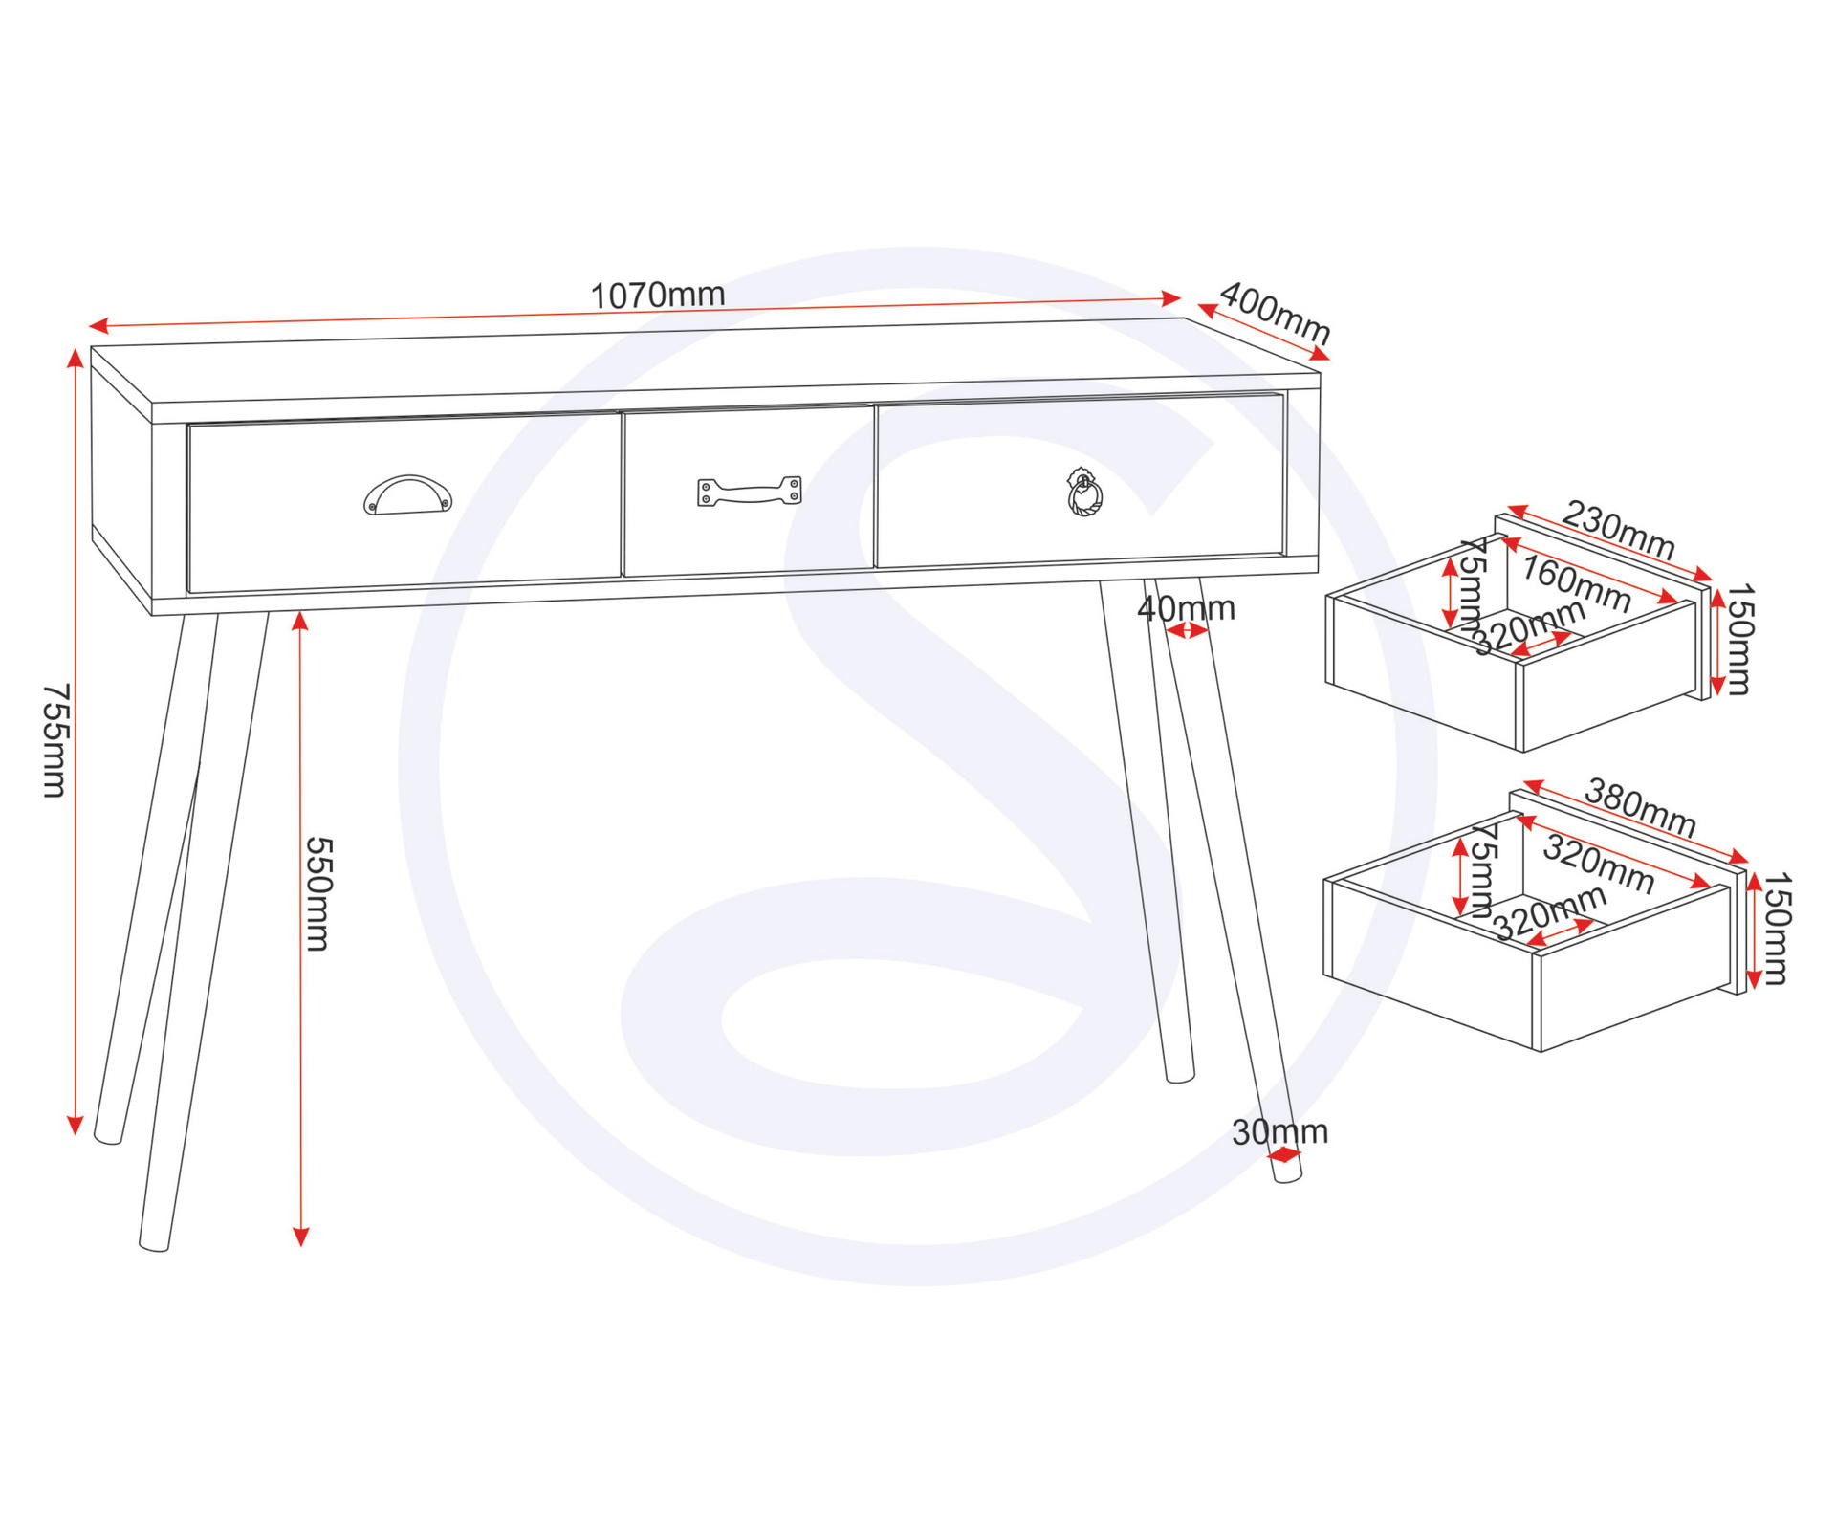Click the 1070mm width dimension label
point(658,295)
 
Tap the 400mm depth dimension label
point(1276,313)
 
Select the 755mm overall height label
point(55,740)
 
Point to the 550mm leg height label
point(317,894)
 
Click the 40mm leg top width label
point(1187,608)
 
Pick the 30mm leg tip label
point(1279,1132)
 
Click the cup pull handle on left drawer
point(408,495)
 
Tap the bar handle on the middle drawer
point(750,492)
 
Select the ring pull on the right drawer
point(1084,493)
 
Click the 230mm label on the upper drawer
point(1618,531)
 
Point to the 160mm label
point(1576,583)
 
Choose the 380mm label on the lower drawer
point(1641,808)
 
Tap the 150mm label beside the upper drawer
point(1738,639)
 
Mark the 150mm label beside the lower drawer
point(1776,929)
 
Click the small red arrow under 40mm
point(1187,630)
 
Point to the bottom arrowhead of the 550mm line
point(301,1237)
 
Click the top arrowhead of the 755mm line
point(75,358)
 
